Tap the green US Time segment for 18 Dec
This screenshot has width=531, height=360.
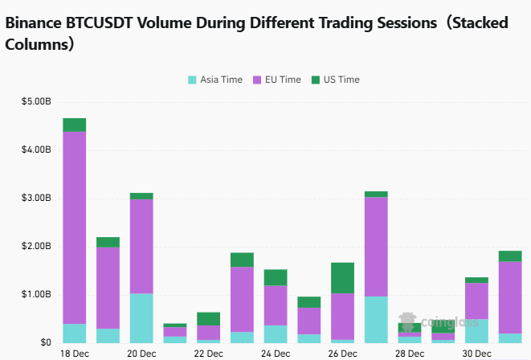pos(74,125)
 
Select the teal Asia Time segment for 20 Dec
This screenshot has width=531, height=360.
pos(141,317)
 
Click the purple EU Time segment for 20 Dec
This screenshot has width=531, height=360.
pos(141,246)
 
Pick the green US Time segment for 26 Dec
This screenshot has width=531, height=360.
pos(342,277)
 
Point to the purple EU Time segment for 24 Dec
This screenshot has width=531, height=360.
pos(276,305)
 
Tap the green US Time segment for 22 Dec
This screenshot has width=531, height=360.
pos(208,318)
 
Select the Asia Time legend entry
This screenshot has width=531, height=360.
pos(215,80)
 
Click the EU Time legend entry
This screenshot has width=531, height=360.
pos(277,80)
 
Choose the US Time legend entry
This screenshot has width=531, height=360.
pos(336,80)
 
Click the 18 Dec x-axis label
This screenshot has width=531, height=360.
pos(74,354)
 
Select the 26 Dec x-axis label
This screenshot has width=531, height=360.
pos(342,354)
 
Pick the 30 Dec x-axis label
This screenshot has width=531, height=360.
pos(476,354)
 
